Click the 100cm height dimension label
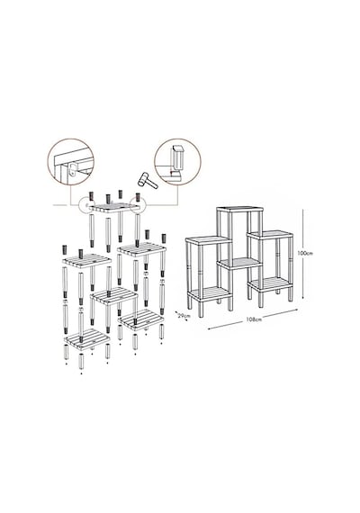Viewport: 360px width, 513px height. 305,253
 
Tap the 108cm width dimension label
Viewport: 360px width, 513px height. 255,319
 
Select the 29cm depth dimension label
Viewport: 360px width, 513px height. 184,316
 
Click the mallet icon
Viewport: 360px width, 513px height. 148,180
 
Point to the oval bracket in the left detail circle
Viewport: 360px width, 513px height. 73,170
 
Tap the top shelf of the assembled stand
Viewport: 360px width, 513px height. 240,209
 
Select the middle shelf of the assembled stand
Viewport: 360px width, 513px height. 239,264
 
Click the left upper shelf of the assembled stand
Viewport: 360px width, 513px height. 209,240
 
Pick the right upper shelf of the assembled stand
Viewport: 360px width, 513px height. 270,235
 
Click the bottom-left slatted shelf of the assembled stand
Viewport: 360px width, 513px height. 210,292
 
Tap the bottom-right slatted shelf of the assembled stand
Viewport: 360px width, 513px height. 270,284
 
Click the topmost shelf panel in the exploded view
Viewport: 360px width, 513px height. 115,207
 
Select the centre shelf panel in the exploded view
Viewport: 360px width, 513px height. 114,295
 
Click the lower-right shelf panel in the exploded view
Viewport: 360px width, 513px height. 141,319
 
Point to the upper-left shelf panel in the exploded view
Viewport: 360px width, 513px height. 86,261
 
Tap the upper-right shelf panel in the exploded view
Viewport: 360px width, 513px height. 141,248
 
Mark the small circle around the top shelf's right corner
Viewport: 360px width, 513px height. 138,203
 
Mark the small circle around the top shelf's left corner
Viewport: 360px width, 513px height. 87,204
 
